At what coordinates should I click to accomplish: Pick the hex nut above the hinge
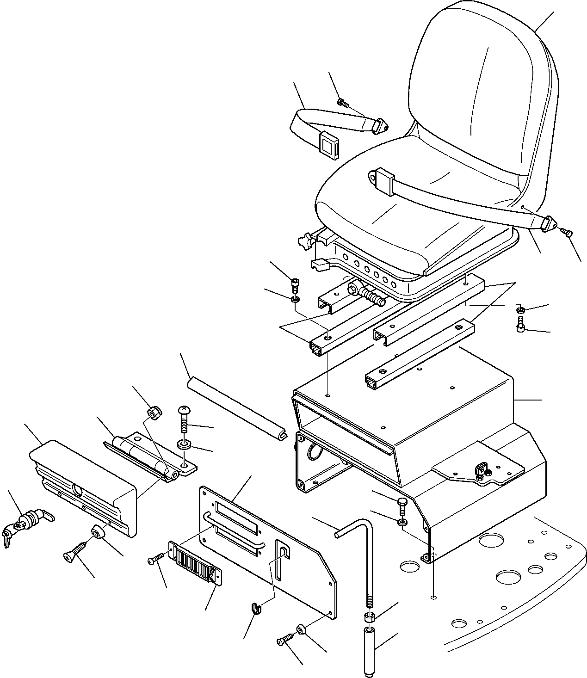click(x=154, y=411)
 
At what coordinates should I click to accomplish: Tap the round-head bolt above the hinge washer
click(x=184, y=420)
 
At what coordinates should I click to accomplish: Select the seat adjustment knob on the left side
click(x=304, y=241)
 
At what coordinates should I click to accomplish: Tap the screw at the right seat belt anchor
click(x=567, y=232)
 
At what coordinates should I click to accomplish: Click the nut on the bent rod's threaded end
click(x=370, y=617)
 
